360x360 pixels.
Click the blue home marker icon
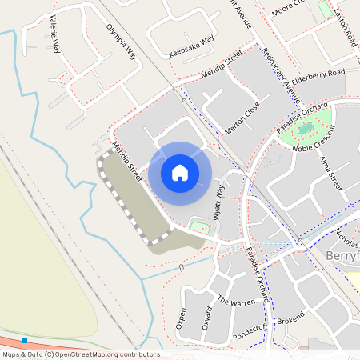click(x=180, y=172)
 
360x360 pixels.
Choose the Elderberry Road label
click(x=318, y=73)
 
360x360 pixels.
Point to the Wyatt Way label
click(x=218, y=201)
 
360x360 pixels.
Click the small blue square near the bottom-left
click(x=25, y=341)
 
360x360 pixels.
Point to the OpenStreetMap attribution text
click(x=81, y=354)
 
